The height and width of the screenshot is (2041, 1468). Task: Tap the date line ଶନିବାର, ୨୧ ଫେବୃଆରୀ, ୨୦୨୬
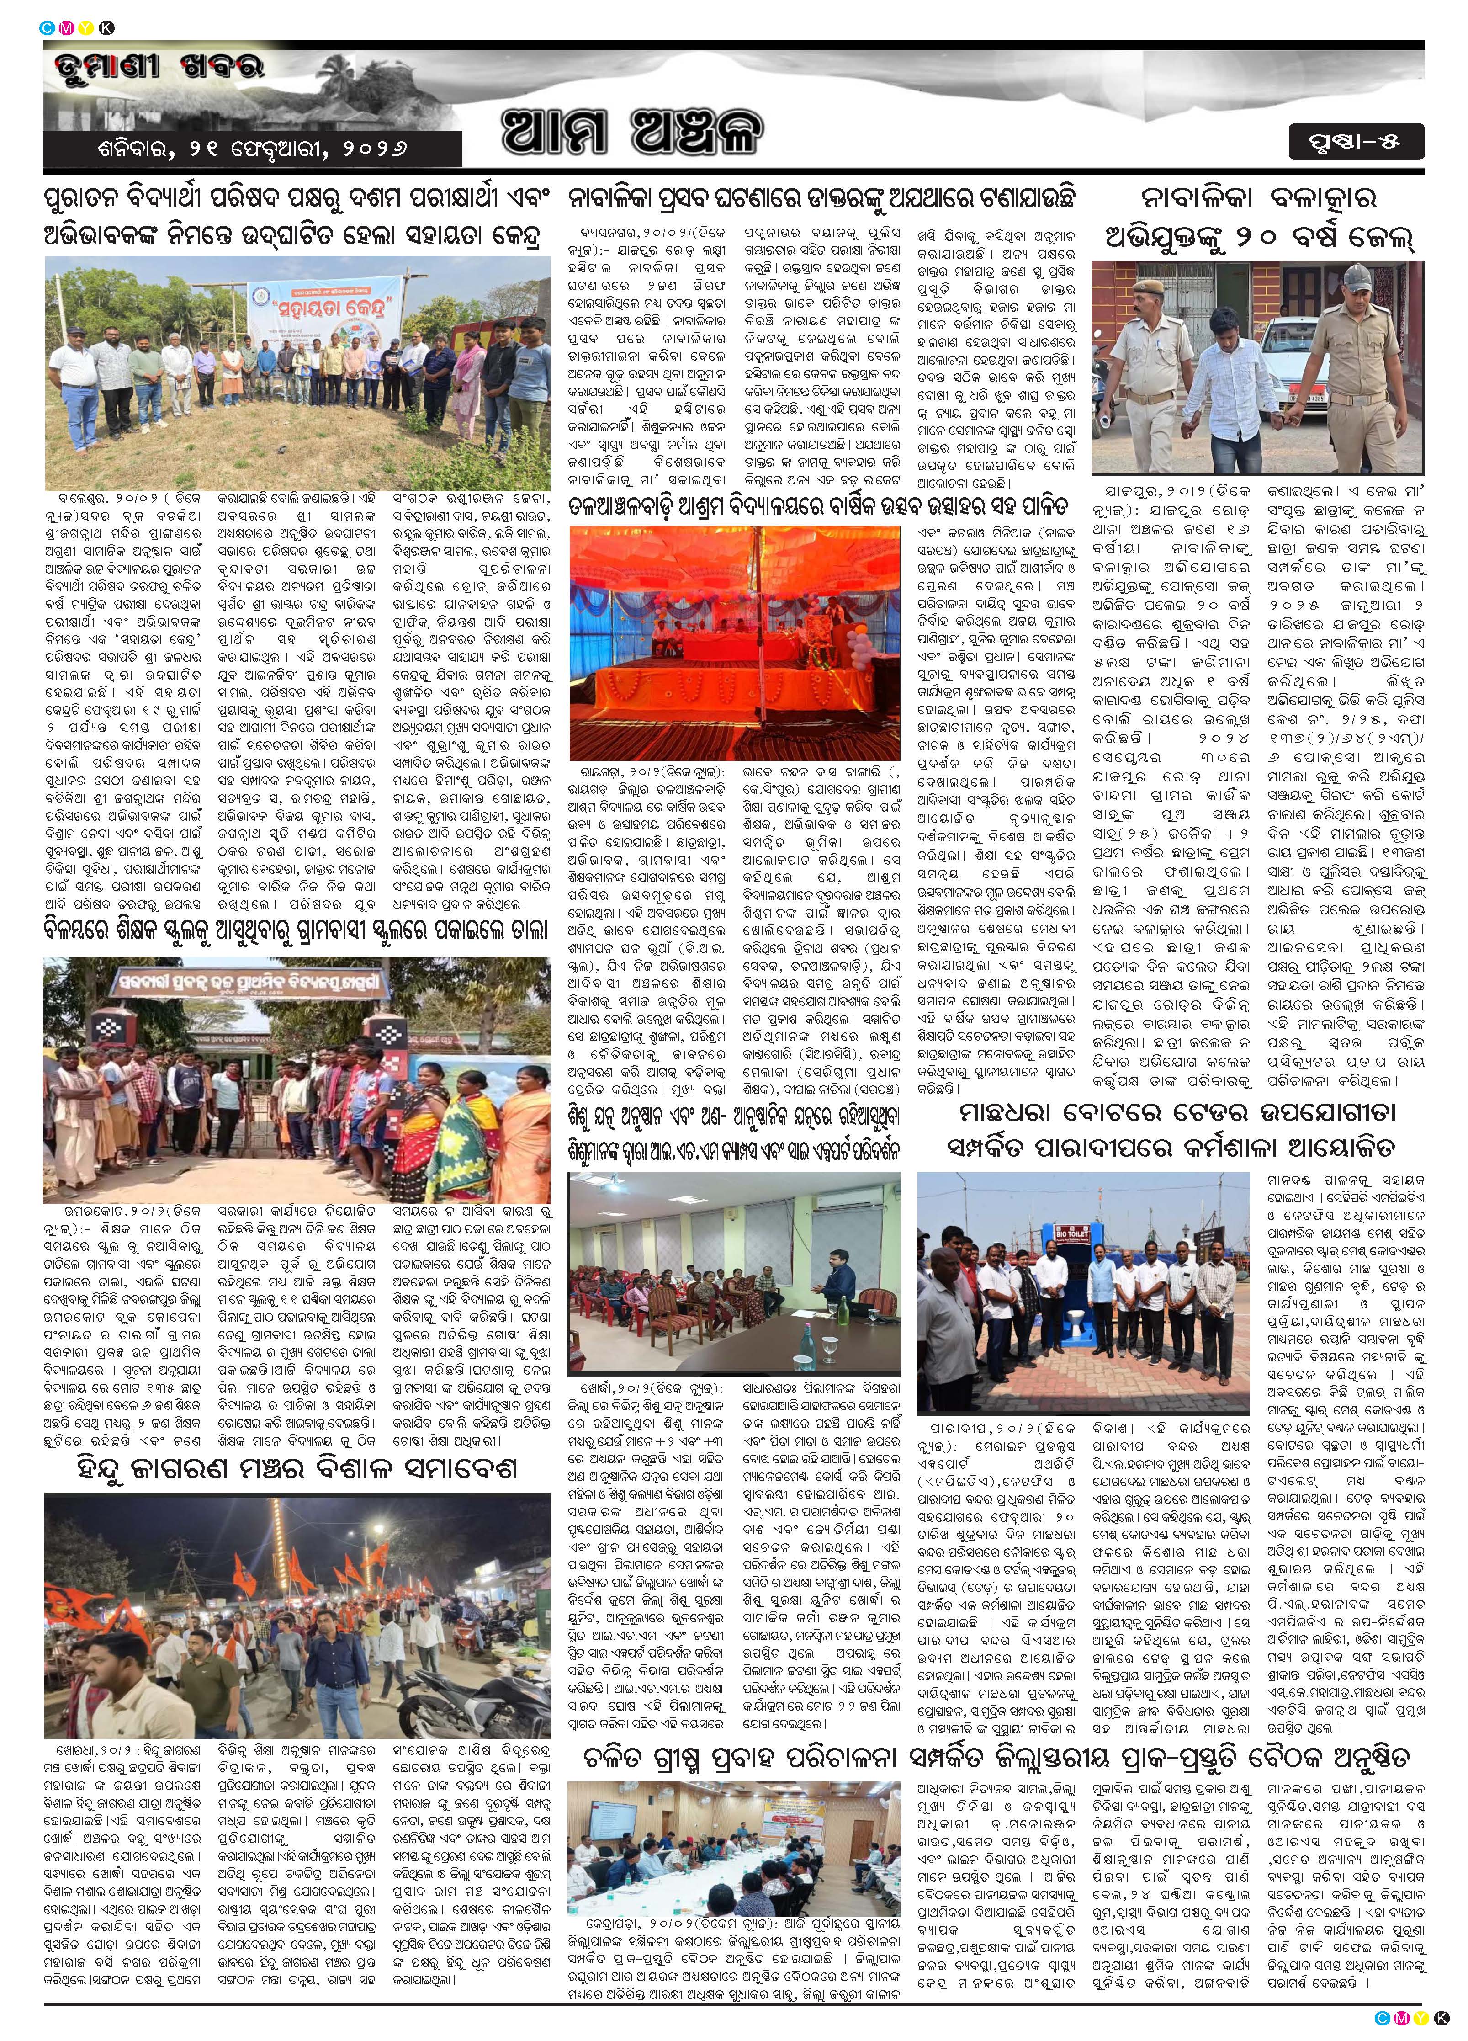(254, 149)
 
